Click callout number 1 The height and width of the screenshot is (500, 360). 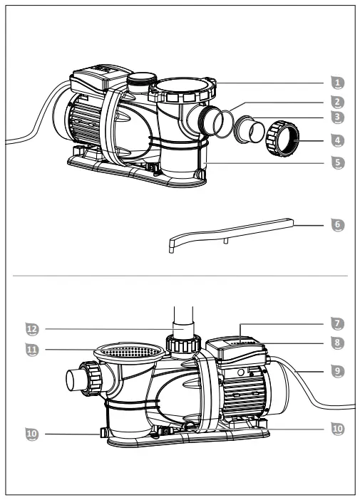pos(338,82)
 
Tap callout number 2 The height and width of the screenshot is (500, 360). pos(338,102)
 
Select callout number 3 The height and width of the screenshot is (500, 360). pos(338,116)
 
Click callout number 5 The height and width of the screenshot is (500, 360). pos(338,162)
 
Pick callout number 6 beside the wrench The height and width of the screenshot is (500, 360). pos(338,224)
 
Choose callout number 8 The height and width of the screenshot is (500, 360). pos(338,343)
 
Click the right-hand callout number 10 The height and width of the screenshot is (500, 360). pos(338,429)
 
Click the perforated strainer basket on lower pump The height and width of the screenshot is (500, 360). pos(128,351)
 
